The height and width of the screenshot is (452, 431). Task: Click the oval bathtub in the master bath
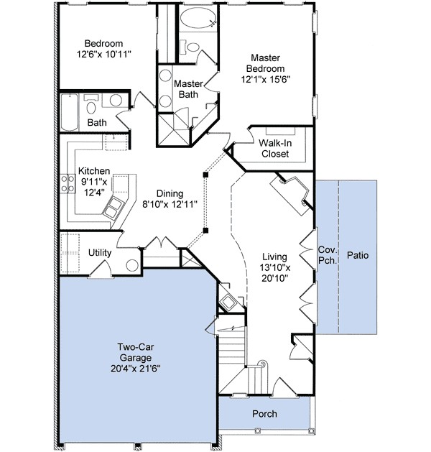pos(198,18)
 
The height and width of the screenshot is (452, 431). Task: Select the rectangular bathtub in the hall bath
pos(70,112)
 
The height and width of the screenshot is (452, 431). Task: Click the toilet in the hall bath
pos(91,105)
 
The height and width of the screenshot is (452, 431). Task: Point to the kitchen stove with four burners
pos(68,184)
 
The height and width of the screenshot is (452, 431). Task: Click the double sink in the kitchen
pos(113,208)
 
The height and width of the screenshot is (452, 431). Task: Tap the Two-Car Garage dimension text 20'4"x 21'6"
pos(136,369)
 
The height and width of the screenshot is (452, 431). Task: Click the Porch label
pos(264,414)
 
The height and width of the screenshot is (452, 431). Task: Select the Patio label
pos(358,255)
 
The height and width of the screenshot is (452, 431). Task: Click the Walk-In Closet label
pos(275,149)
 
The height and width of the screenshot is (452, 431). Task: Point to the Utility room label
pos(100,252)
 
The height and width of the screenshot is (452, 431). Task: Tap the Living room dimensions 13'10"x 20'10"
pos(275,272)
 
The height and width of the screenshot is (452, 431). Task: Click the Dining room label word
pos(170,193)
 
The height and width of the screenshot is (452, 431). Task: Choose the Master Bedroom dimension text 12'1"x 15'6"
pos(265,79)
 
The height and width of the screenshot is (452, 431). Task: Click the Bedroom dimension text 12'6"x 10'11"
pos(103,54)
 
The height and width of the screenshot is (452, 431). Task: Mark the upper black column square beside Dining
pos(205,175)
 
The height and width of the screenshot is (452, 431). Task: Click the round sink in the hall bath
pos(116,100)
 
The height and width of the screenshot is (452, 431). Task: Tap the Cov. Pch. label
pos(328,255)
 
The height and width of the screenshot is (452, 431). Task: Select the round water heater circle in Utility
pos(132,265)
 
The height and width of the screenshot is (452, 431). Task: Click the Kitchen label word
pos(94,171)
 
